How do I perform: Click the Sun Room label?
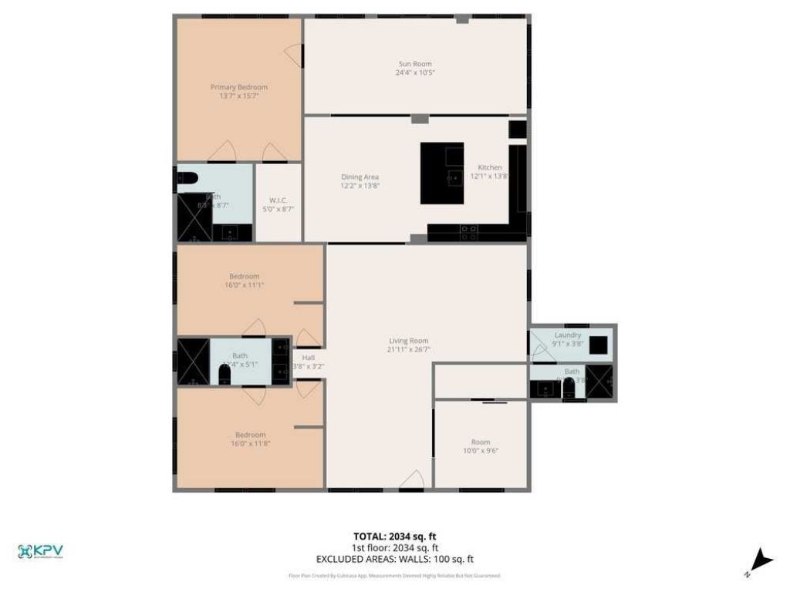(x=415, y=64)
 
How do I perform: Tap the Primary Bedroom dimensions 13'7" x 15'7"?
(x=239, y=96)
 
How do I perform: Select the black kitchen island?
(x=441, y=173)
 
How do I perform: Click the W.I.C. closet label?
(x=278, y=200)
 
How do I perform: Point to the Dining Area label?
(x=360, y=177)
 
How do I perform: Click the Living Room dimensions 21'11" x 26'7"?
(x=408, y=349)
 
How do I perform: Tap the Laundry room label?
(x=567, y=335)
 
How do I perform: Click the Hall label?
(x=308, y=358)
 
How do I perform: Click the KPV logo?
(x=40, y=551)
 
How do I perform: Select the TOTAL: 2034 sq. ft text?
(x=394, y=536)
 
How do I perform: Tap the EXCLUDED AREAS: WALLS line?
(x=394, y=559)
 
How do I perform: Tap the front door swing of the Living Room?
(x=412, y=479)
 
